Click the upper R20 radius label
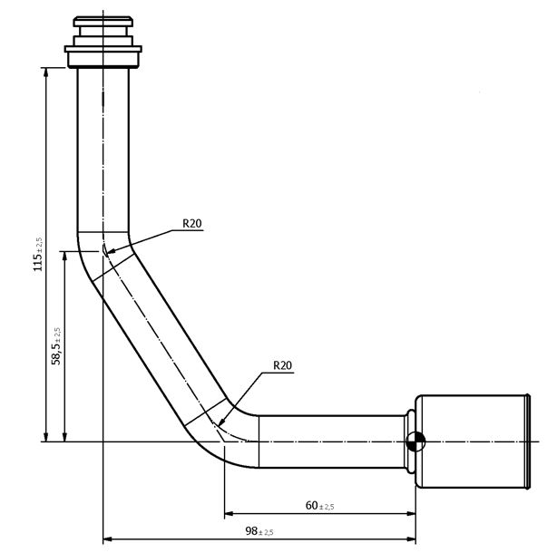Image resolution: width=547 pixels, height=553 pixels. tap(190, 222)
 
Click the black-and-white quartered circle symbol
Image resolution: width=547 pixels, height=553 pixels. tap(415, 442)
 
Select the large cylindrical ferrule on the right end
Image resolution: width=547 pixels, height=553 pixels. tap(472, 442)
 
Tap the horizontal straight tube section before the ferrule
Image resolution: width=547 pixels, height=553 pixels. tap(331, 441)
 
